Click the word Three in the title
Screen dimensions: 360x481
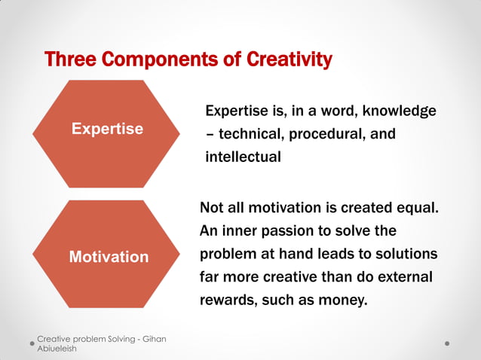70,59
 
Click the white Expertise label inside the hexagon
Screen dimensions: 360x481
107,129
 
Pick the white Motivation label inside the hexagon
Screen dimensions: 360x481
109,257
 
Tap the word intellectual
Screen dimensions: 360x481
243,157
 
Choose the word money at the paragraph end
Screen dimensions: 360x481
344,301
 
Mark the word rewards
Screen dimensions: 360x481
228,301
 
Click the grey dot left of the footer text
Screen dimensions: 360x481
32,343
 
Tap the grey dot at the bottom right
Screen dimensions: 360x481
447,343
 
